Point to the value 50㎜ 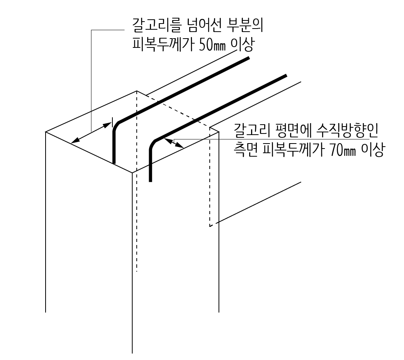[211, 45]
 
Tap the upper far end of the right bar [285, 76]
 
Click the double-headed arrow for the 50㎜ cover [92, 133]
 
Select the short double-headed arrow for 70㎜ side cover [174, 143]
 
